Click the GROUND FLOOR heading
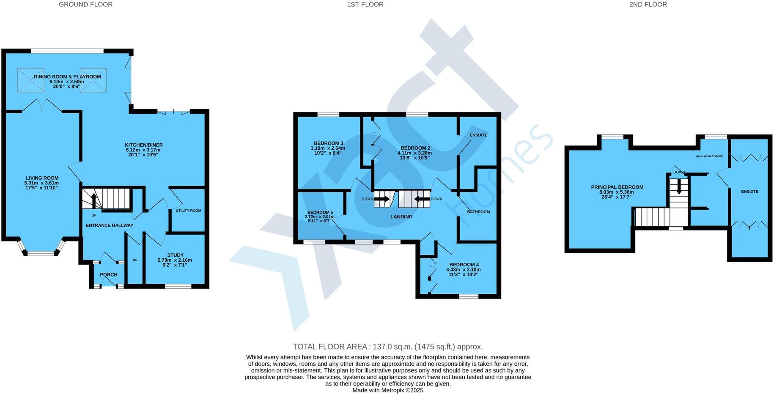[85, 5]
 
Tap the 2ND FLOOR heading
[648, 5]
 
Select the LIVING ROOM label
[42, 178]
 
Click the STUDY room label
[175, 255]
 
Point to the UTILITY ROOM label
[188, 211]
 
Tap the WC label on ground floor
[135, 260]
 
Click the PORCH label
[109, 275]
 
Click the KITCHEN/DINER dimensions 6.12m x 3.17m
[144, 150]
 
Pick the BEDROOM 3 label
[328, 143]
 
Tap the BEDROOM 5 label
[320, 212]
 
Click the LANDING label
[401, 216]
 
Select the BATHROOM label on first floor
[478, 212]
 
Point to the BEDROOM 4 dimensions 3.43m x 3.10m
[463, 270]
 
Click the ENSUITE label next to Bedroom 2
[478, 135]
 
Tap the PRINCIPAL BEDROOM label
[617, 187]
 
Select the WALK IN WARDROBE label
[709, 156]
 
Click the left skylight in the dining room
[30, 80]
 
